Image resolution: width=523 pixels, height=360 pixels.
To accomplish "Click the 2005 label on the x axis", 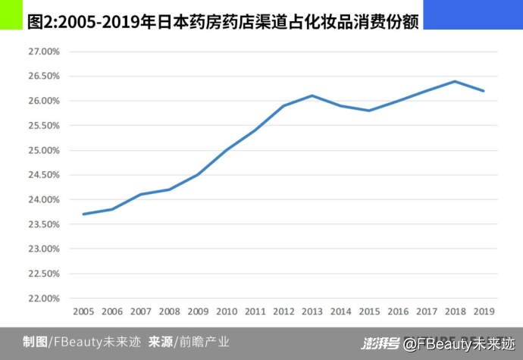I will tap(83, 311).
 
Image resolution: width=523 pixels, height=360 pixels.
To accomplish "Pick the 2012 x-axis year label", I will tap(283, 311).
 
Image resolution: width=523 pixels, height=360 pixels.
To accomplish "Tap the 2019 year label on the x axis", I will tap(484, 311).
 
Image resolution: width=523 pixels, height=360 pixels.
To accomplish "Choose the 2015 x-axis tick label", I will tap(369, 311).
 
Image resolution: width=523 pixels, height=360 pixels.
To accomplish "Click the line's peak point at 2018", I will tap(455, 81).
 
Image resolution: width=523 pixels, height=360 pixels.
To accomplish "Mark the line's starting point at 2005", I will tap(83, 214).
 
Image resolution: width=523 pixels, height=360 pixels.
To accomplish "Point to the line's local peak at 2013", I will tap(312, 95).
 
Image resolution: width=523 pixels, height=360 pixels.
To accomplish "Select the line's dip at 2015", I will tap(369, 111).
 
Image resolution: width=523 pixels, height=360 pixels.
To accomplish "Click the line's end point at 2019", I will tap(484, 91).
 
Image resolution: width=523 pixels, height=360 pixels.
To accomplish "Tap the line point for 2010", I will tap(227, 150).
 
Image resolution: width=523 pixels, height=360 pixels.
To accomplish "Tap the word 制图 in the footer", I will tap(34, 342).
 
